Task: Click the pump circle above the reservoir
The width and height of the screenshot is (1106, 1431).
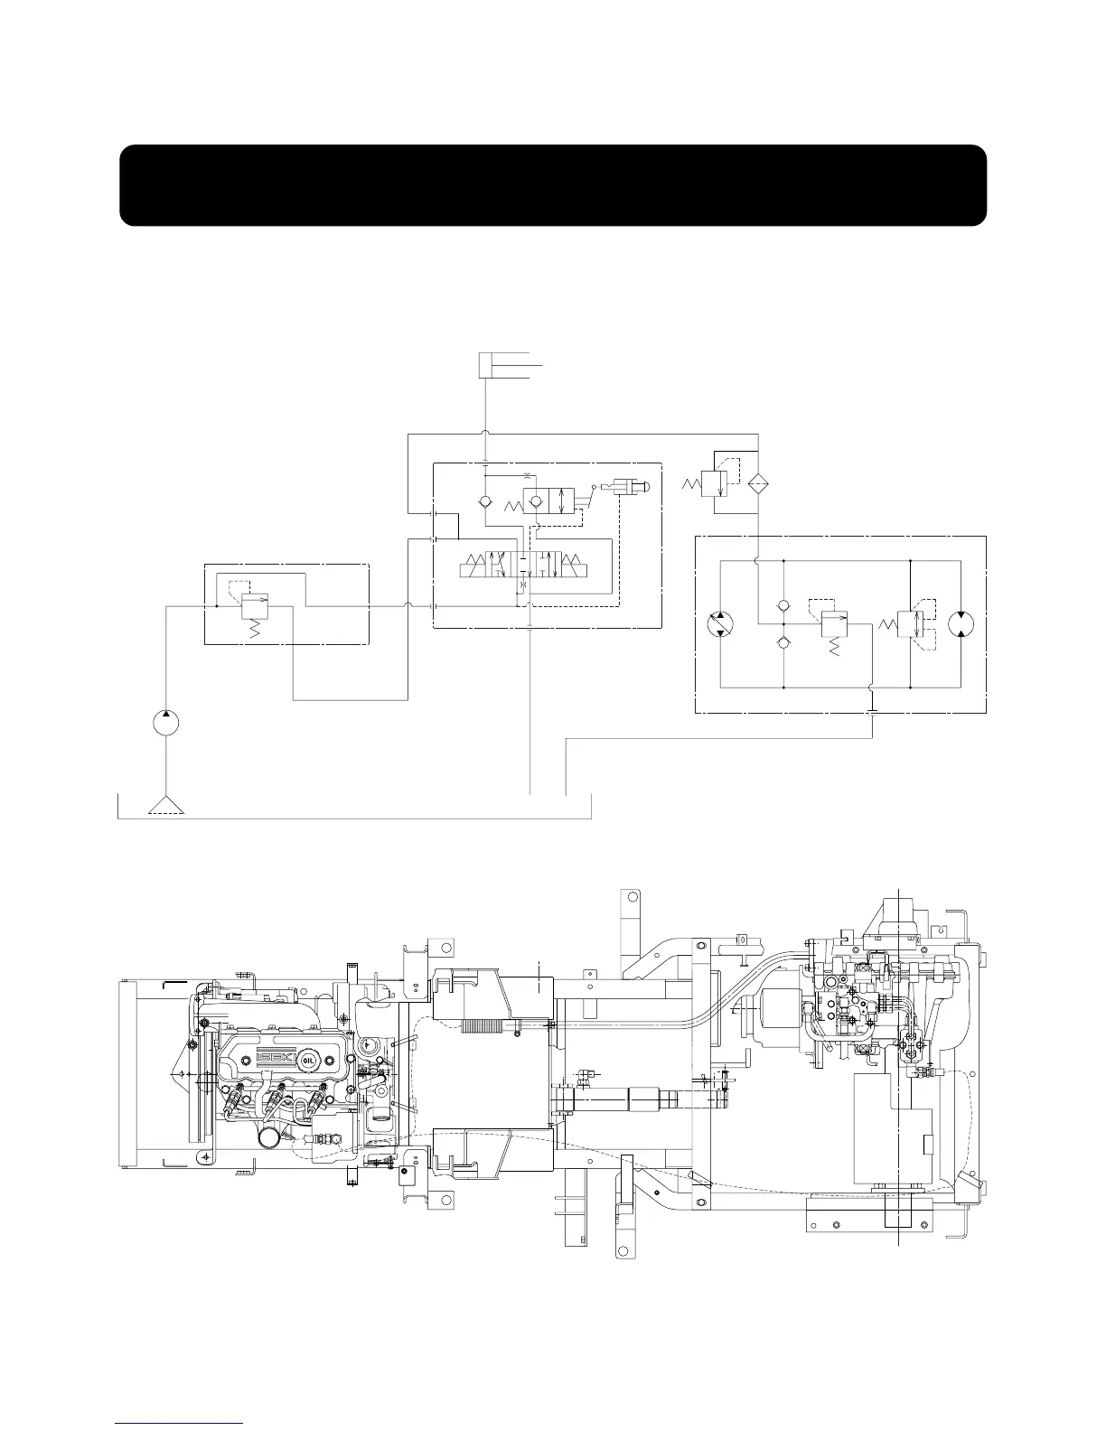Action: click(x=165, y=724)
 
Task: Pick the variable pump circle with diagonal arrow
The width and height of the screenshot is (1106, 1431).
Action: click(x=720, y=622)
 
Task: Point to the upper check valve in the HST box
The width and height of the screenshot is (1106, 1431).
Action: click(x=783, y=604)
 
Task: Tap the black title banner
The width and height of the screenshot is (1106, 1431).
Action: click(x=552, y=185)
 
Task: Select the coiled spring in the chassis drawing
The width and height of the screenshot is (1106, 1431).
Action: click(x=481, y=1025)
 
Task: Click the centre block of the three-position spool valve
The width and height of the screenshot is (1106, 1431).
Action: click(x=526, y=567)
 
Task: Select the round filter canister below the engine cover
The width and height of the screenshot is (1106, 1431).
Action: click(x=270, y=1136)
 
